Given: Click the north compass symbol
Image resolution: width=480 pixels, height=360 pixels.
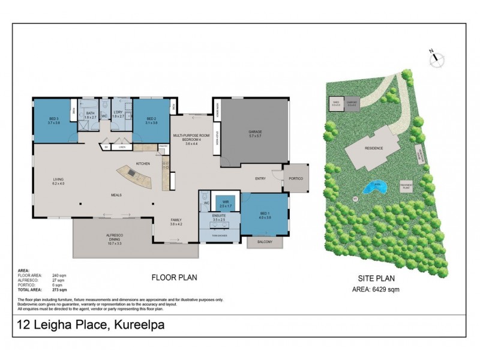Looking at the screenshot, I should pyautogui.click(x=437, y=58).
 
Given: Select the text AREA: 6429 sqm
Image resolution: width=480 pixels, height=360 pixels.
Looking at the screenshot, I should pyautogui.click(x=376, y=289).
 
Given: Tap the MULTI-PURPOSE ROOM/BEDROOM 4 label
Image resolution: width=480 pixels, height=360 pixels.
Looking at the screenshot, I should pyautogui.click(x=187, y=139).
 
